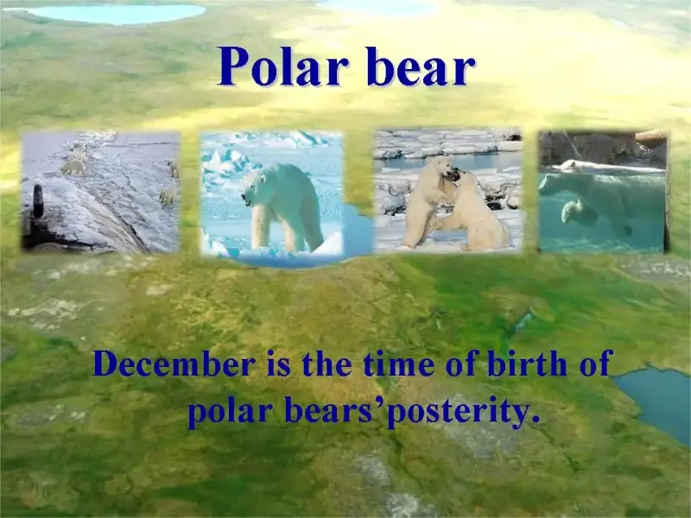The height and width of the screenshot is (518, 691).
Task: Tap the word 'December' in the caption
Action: (x=174, y=363)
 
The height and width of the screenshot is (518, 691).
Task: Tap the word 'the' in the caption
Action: (x=326, y=363)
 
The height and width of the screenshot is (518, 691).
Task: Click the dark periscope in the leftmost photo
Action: (x=38, y=201)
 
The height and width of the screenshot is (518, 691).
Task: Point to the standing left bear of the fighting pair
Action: (x=427, y=201)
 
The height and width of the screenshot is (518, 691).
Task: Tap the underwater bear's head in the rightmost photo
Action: (x=571, y=211)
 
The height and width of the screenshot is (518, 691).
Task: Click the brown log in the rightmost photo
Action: (x=650, y=138)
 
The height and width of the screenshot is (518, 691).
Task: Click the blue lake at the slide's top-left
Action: (x=119, y=13)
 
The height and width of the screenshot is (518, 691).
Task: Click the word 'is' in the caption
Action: (x=278, y=364)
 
